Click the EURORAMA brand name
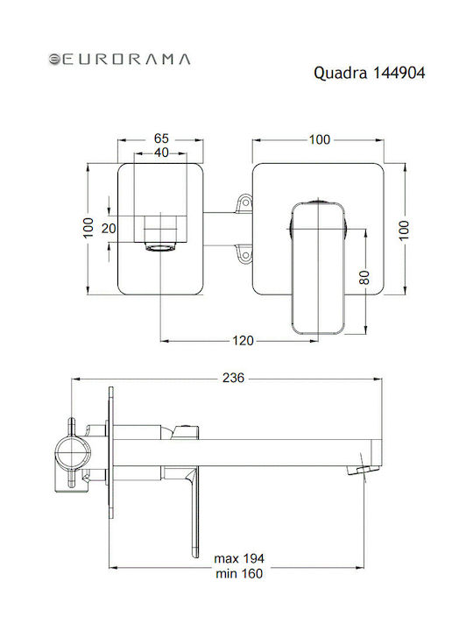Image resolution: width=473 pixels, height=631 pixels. coord(125,60)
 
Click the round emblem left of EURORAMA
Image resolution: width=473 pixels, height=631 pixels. coord(54,60)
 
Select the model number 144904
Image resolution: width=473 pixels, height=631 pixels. coord(399,73)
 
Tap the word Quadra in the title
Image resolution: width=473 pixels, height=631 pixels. coord(340,74)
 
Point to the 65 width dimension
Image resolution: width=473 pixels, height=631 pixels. coord(161,138)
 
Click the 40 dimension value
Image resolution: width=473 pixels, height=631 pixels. coord(161,152)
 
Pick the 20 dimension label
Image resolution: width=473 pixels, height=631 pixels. coord(109,229)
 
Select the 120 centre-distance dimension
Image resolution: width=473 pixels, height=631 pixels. coord(243,341)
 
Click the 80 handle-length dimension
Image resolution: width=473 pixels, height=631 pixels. coord(364,277)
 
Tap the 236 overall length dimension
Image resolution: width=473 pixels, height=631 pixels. coord(233,378)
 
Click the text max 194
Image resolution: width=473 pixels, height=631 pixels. coord(239,558)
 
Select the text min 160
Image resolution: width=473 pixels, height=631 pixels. coord(239,573)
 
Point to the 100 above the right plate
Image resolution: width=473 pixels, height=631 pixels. coord(320,139)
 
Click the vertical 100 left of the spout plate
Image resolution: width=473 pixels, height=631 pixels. coord(88,228)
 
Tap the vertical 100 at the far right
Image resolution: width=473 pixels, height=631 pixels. coord(404,230)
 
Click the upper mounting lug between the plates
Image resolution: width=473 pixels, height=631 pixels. coord(244,202)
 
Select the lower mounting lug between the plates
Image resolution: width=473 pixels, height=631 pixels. coord(244,255)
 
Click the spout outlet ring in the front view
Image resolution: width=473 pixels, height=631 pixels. coord(161,247)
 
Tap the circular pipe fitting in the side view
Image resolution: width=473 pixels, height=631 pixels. coord(73,454)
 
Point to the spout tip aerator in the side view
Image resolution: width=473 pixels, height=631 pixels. coord(364,470)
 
